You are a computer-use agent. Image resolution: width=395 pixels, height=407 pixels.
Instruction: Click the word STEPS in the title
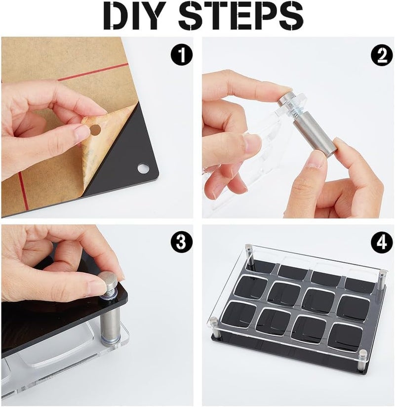tap(241, 15)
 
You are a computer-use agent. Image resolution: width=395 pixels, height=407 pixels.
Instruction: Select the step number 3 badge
tap(181, 242)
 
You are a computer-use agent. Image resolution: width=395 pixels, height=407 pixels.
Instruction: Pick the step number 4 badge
tap(382, 242)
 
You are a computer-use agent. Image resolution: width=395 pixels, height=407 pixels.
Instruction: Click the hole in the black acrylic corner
tap(143, 168)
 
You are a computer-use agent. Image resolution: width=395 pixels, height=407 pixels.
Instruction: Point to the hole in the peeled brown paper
tap(95, 130)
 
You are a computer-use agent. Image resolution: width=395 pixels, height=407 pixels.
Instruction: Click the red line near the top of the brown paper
tap(93, 72)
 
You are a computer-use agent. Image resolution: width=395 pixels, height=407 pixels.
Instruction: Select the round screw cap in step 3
tap(110, 281)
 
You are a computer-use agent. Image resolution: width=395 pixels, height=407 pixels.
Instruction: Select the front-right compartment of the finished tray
tap(345, 336)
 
